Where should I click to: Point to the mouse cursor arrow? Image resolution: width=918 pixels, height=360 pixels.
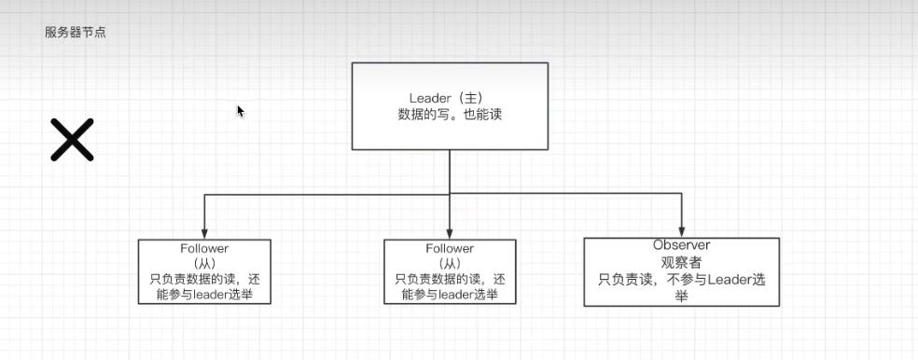(x=240, y=111)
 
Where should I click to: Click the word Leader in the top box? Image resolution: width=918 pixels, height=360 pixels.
(x=428, y=98)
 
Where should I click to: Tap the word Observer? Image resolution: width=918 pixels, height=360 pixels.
(x=682, y=244)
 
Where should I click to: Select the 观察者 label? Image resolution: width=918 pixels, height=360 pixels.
(x=682, y=260)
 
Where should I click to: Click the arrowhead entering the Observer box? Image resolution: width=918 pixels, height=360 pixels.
(x=682, y=231)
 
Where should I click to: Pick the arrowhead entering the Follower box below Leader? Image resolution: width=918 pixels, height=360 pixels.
(x=450, y=233)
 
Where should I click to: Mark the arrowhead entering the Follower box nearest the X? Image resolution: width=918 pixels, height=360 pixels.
(x=204, y=233)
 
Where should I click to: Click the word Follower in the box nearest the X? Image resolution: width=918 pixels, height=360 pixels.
(x=204, y=248)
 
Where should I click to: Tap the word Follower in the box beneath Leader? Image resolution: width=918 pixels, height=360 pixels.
(x=450, y=248)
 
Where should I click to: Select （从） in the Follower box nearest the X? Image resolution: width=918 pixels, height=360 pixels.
(x=204, y=263)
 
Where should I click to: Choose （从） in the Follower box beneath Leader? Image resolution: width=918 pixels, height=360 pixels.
(x=450, y=263)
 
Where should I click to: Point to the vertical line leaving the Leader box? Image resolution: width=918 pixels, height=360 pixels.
(x=450, y=173)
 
